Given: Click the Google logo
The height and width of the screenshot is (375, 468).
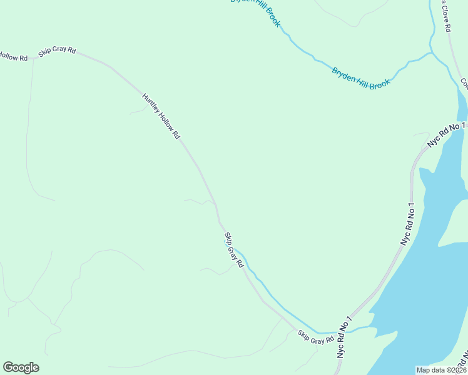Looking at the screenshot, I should [x=21, y=367].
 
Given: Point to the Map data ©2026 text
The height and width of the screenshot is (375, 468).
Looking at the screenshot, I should [x=442, y=369].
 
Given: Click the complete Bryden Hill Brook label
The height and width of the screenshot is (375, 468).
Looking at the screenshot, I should [x=361, y=78].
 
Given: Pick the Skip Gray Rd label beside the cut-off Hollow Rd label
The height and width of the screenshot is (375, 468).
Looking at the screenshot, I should [x=56, y=52].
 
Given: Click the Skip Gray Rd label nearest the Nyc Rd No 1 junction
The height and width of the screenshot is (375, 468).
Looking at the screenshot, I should [x=316, y=337].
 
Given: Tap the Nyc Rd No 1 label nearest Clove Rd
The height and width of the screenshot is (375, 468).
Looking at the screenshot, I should [x=447, y=134].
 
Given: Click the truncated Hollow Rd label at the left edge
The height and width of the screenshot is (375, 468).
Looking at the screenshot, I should [x=14, y=57].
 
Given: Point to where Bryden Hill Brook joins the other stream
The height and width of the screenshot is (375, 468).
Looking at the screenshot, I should [x=430, y=54].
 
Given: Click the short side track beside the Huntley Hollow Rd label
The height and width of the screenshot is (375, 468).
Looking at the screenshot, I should [x=136, y=112].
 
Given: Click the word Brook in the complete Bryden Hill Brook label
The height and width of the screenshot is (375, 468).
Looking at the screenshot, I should [x=380, y=83].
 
